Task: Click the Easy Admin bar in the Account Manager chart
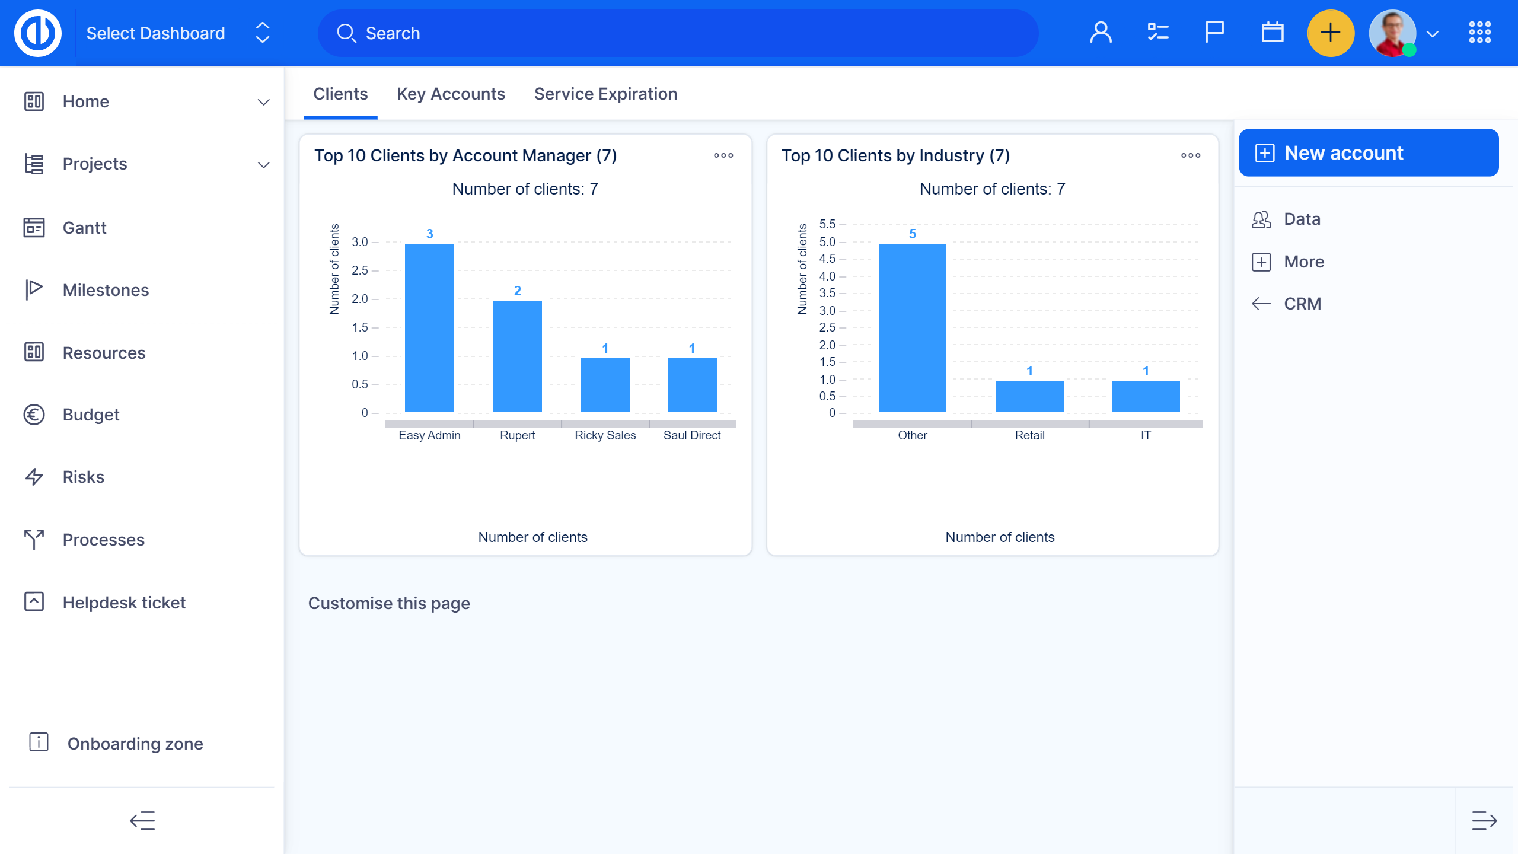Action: pyautogui.click(x=429, y=327)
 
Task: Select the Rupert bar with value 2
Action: pyautogui.click(x=517, y=356)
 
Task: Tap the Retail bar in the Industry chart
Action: pyautogui.click(x=1029, y=396)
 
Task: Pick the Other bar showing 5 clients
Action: pyautogui.click(x=912, y=327)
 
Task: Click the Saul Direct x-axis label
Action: pyautogui.click(x=691, y=435)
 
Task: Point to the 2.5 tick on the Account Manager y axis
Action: pyautogui.click(x=359, y=270)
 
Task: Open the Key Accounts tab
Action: pyautogui.click(x=451, y=94)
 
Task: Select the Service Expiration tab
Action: pyautogui.click(x=605, y=94)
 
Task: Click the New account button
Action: pyautogui.click(x=1368, y=153)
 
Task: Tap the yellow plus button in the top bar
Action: pyautogui.click(x=1331, y=33)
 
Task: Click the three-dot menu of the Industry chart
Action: pyautogui.click(x=1190, y=155)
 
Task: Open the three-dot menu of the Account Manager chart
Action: pyautogui.click(x=723, y=155)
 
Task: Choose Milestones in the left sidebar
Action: pyautogui.click(x=106, y=290)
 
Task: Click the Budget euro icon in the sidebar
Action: pyautogui.click(x=34, y=415)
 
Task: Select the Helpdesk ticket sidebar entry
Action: pyautogui.click(x=124, y=603)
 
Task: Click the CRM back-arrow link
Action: pyautogui.click(x=1302, y=304)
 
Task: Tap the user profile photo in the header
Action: pyautogui.click(x=1392, y=33)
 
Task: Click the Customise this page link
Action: pyautogui.click(x=389, y=603)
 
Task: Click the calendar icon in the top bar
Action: pyautogui.click(x=1272, y=33)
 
